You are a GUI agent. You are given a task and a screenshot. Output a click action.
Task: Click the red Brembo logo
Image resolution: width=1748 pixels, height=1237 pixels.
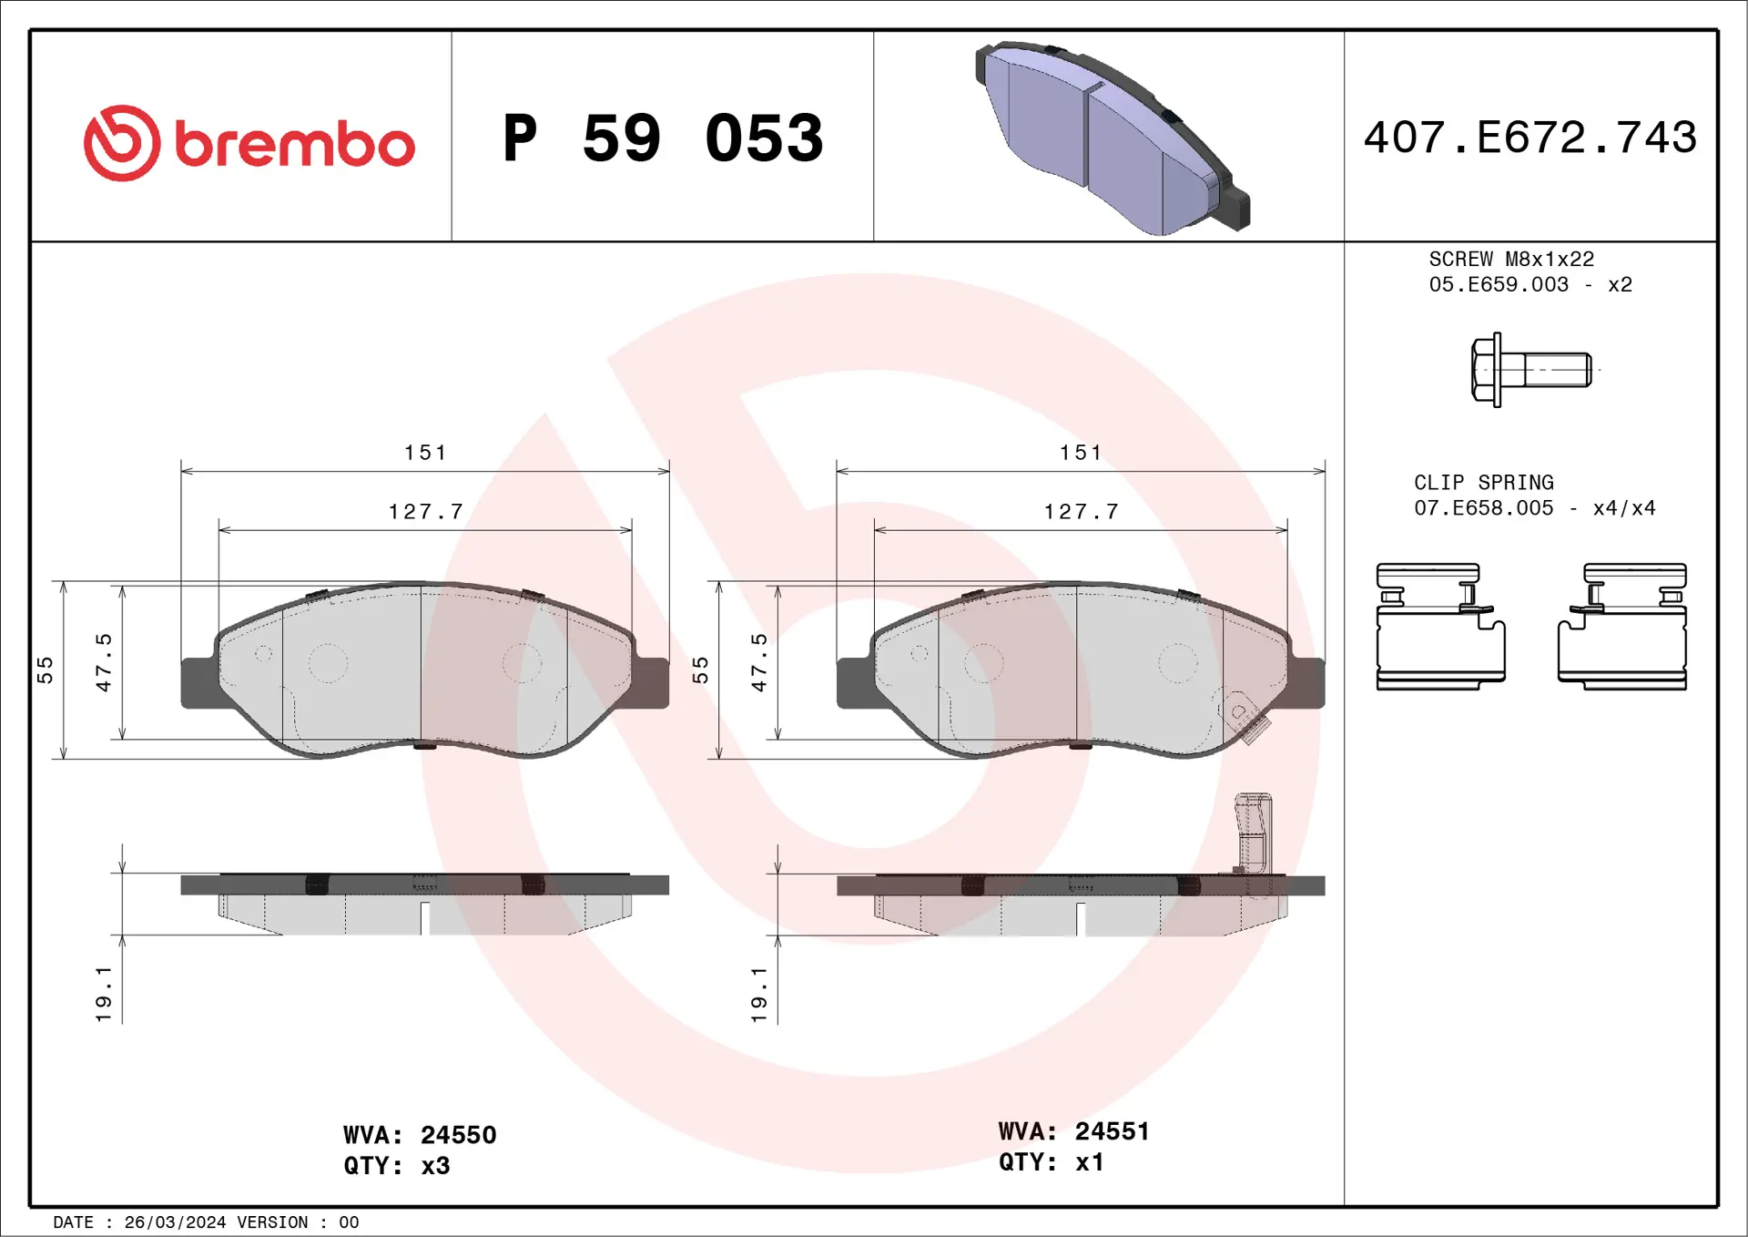pyautogui.click(x=249, y=143)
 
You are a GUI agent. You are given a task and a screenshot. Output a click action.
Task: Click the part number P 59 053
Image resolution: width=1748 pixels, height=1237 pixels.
pyautogui.click(x=663, y=138)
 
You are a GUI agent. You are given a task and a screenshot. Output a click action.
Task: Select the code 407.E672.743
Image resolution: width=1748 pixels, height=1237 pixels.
pyautogui.click(x=1529, y=138)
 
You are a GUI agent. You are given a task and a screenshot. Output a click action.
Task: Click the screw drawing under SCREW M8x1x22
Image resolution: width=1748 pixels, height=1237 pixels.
pyautogui.click(x=1531, y=370)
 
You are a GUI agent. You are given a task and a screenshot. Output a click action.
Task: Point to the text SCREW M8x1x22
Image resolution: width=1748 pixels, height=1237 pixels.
pyautogui.click(x=1511, y=260)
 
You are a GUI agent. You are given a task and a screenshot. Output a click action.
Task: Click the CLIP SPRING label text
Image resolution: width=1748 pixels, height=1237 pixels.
pyautogui.click(x=1483, y=483)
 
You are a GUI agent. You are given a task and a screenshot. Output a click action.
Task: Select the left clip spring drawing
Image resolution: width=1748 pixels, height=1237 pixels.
pyautogui.click(x=1439, y=627)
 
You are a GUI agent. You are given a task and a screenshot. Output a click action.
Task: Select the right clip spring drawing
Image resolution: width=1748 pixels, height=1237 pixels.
pyautogui.click(x=1622, y=627)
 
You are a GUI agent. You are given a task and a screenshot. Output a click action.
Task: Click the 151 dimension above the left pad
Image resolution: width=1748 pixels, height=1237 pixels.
pyautogui.click(x=425, y=453)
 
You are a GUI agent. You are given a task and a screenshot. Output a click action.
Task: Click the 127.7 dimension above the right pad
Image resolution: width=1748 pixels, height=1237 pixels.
pyautogui.click(x=1081, y=512)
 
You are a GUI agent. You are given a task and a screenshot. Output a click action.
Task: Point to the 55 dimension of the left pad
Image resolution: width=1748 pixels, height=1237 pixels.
pyautogui.click(x=45, y=670)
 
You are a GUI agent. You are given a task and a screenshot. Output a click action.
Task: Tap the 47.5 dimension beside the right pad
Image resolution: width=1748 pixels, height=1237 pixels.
pyautogui.click(x=758, y=662)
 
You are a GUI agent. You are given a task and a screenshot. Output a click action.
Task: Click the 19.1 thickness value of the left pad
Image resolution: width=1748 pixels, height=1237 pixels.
pyautogui.click(x=103, y=994)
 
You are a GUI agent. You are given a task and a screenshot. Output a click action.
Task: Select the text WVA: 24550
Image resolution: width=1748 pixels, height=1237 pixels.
pyautogui.click(x=420, y=1135)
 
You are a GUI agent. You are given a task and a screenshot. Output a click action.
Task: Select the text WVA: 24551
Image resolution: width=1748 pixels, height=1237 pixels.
pyautogui.click(x=1073, y=1131)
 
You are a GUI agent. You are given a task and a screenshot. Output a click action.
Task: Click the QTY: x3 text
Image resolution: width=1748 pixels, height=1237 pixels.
pyautogui.click(x=396, y=1166)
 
